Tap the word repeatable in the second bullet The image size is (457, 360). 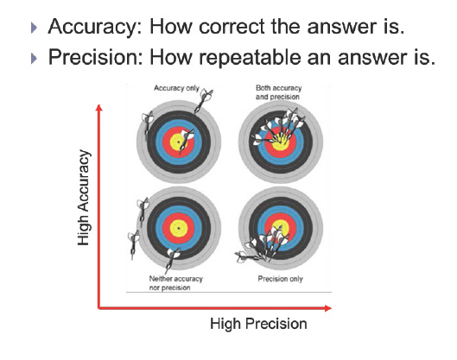[250, 58]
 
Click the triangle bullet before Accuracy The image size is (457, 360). [34, 28]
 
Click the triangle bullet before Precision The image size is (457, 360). [34, 58]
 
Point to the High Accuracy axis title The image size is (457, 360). [83, 198]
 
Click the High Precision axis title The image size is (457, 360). [258, 324]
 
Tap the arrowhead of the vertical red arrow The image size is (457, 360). [99, 107]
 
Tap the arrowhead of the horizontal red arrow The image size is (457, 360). [328, 308]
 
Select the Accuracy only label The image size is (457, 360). [176, 88]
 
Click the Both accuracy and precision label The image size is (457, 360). [278, 92]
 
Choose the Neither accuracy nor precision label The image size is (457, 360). [175, 283]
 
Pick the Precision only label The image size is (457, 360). [281, 279]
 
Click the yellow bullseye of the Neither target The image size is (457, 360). [178, 228]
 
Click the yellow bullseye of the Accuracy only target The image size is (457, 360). [178, 142]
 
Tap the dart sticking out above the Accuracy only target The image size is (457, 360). [204, 101]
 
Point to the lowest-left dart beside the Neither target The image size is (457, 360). [133, 244]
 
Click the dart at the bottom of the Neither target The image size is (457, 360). [172, 260]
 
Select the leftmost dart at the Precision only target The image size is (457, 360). [247, 257]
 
